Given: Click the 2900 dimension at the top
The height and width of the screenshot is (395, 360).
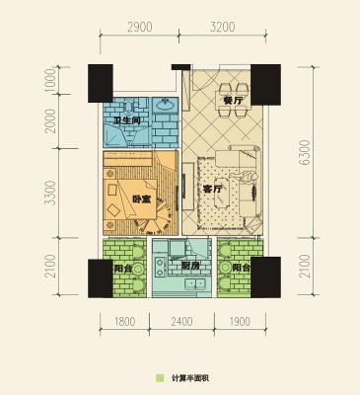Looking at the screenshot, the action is tap(140, 27).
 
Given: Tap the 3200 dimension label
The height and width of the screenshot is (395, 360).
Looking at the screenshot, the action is tap(222, 27).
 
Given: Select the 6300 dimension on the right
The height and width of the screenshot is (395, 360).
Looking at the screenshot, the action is tap(305, 152).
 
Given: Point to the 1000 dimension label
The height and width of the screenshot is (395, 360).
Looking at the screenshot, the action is tap(50, 81).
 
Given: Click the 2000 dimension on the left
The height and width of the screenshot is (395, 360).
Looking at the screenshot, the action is tap(50, 120).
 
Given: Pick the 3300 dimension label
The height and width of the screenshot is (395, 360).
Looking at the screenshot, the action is tap(50, 193).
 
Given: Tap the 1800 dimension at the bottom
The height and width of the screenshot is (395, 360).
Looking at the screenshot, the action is tap(125, 321).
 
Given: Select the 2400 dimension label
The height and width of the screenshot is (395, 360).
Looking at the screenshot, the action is tap(181, 321).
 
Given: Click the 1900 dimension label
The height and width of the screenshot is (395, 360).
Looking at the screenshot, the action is tap(240, 321).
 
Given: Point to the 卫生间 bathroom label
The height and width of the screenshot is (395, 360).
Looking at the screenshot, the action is tap(127, 120).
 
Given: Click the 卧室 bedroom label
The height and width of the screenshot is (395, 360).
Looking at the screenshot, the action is tap(142, 198).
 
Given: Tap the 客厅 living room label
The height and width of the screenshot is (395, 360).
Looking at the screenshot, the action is tap(213, 189).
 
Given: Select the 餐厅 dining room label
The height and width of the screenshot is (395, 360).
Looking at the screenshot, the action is tap(233, 101).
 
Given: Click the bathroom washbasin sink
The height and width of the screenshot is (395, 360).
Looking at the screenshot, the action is tap(165, 105).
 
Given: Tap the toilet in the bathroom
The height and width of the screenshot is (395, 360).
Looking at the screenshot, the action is tap(129, 106).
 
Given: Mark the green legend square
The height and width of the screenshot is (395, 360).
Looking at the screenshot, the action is tap(160, 378).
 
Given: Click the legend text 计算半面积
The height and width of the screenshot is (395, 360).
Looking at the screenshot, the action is tap(190, 378).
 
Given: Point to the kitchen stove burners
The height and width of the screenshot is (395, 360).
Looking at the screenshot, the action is tap(161, 267).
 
